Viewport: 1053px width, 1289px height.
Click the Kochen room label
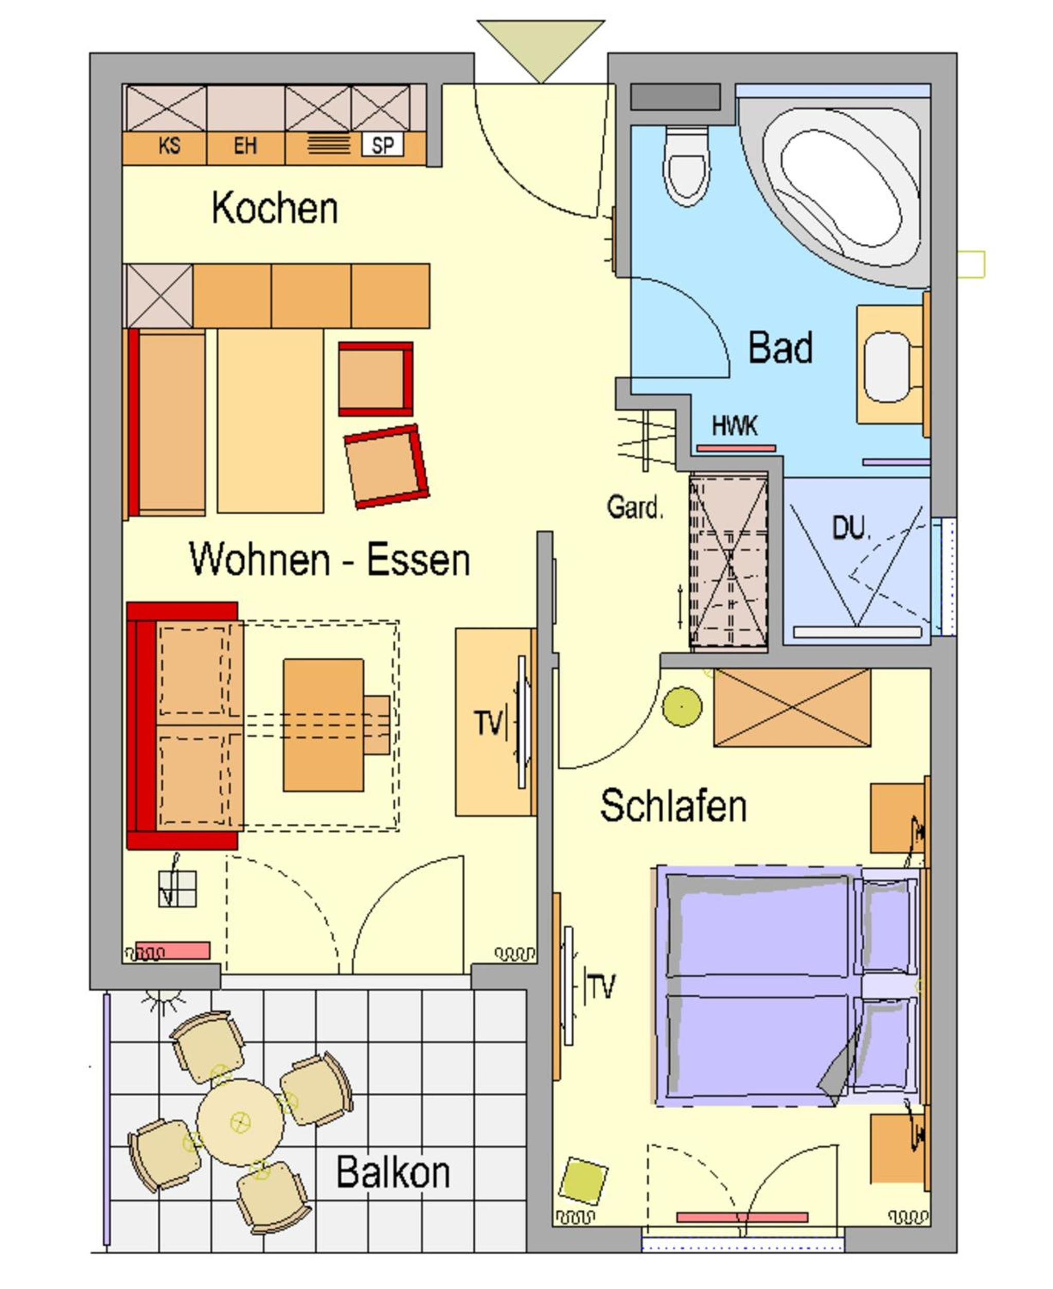pyautogui.click(x=274, y=208)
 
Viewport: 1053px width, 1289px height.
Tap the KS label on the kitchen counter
pyautogui.click(x=169, y=146)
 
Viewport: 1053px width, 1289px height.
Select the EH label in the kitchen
pyautogui.click(x=246, y=146)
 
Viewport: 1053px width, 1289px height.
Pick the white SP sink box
pyautogui.click(x=383, y=146)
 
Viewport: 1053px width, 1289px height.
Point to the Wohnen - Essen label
pyautogui.click(x=329, y=559)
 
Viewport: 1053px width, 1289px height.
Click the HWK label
pyautogui.click(x=735, y=426)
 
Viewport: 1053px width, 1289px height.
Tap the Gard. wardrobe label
pyautogui.click(x=635, y=507)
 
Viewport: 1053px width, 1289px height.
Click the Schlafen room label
pyautogui.click(x=673, y=806)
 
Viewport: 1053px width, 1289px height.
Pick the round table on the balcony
pyautogui.click(x=240, y=1122)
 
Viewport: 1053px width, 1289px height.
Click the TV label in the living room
pyautogui.click(x=489, y=723)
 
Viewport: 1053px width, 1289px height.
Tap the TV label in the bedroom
pyautogui.click(x=600, y=987)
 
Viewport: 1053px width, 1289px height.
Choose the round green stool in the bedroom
pyautogui.click(x=683, y=707)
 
